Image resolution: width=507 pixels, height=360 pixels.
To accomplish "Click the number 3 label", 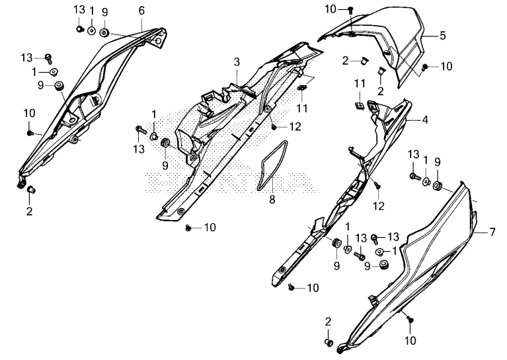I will coord(236,61).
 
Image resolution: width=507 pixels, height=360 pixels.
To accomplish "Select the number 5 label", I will coord(443,36).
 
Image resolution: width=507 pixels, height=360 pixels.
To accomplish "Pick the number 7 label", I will coord(492,232).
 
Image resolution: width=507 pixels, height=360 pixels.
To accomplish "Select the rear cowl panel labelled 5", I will coord(390,46).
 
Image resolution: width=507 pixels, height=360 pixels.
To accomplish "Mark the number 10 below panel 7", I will coord(410,342).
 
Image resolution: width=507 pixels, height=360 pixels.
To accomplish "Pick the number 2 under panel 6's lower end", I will coord(29,211).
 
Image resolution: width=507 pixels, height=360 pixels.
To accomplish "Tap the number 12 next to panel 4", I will coord(378,205).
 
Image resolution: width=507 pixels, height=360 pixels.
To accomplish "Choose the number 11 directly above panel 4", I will coord(359,83).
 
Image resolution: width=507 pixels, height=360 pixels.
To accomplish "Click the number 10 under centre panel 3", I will coord(210,228).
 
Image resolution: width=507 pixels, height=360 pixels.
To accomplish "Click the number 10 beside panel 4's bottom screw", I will coord(313,288).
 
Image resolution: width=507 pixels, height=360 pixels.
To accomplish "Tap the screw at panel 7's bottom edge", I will coord(409,319).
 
